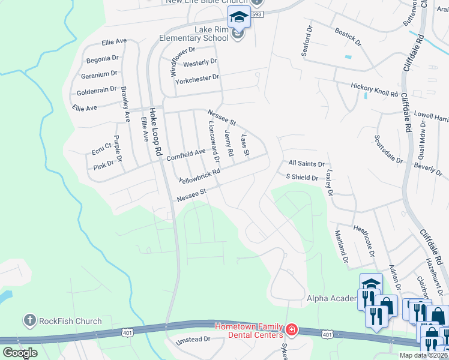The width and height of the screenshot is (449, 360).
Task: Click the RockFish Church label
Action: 70,321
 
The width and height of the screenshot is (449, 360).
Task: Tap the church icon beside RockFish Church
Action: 31,321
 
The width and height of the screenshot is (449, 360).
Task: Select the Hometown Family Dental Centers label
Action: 249,330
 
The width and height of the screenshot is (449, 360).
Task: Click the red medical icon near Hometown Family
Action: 291,329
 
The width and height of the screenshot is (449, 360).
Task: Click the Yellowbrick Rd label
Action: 200,176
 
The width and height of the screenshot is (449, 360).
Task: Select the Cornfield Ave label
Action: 185,154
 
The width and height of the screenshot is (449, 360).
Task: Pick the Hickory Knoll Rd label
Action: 375,90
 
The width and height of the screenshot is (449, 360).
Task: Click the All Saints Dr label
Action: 306,163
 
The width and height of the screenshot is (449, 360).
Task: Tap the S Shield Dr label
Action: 302,177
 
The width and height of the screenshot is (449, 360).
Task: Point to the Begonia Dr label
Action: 102,59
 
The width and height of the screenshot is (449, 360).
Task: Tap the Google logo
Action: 20,353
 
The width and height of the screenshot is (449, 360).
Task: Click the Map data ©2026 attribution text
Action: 424,355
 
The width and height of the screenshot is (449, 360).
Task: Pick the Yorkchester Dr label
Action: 197,77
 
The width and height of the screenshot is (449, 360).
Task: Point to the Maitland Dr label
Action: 341,247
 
